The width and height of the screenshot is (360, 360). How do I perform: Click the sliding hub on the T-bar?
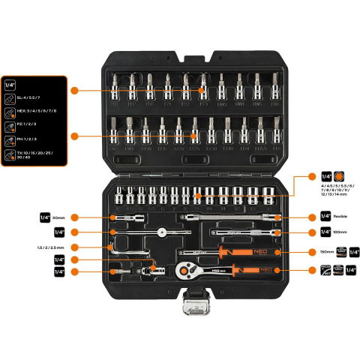pyautogui.click(x=162, y=230)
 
